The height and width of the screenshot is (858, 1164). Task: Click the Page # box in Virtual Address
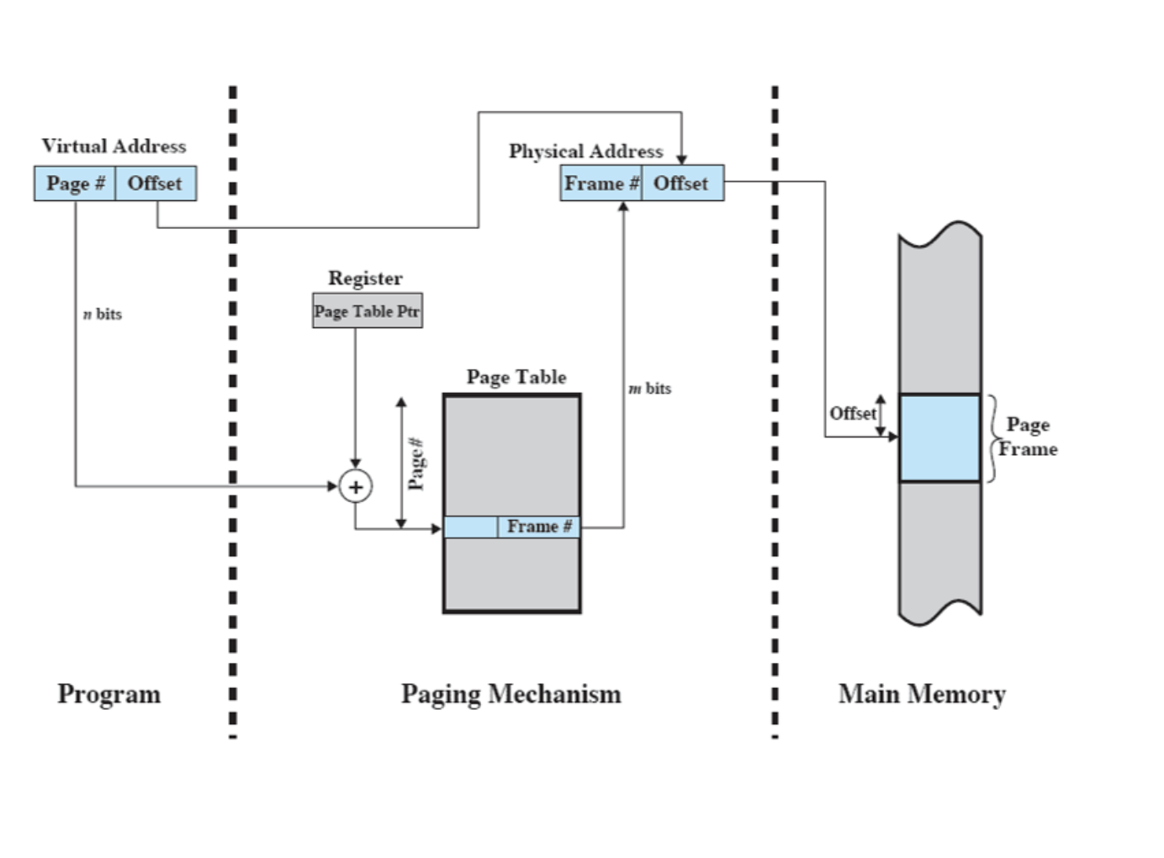[75, 183]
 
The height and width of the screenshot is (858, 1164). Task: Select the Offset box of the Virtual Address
[156, 183]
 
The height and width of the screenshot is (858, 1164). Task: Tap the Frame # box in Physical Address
[601, 183]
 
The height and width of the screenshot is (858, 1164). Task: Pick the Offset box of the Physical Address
[682, 183]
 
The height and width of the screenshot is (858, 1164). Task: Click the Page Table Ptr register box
[367, 311]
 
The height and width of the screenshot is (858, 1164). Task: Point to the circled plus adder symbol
[356, 487]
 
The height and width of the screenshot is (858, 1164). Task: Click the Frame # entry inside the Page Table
[538, 527]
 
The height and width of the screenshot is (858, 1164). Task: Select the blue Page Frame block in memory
[939, 437]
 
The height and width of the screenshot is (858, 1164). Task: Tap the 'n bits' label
[103, 314]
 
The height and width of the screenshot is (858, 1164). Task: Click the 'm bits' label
[650, 389]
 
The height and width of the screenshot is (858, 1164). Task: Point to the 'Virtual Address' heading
[114, 146]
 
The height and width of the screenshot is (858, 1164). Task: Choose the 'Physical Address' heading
[585, 151]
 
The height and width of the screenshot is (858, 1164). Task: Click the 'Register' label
[365, 278]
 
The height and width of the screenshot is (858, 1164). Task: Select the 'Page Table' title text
[516, 377]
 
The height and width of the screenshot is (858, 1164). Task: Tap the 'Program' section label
[109, 695]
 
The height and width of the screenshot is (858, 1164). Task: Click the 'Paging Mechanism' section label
[511, 695]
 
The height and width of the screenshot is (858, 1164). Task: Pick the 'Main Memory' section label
[922, 695]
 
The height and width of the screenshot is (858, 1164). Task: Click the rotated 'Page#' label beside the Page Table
[416, 463]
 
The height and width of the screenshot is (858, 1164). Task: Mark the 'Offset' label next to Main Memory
[852, 414]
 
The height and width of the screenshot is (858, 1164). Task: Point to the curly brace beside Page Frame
[992, 438]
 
